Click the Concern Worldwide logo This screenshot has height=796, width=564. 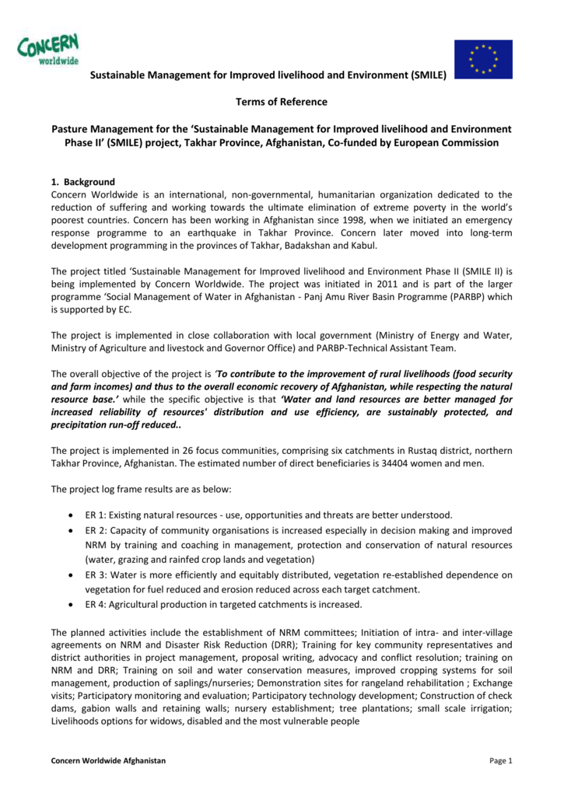tap(49, 50)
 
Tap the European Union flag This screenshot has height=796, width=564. tap(483, 58)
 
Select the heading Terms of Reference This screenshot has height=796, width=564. tap(282, 102)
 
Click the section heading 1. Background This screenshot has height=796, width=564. tap(83, 182)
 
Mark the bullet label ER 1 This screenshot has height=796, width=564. tap(96, 515)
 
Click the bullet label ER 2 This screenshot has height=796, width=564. tap(96, 531)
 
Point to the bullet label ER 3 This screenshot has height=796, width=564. tap(96, 575)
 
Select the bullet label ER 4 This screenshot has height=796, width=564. tap(96, 604)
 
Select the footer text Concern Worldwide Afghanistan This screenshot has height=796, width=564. tap(108, 760)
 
